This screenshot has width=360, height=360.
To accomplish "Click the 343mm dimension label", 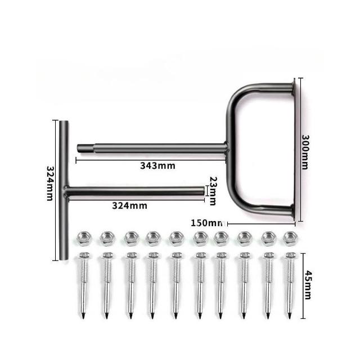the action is click(x=157, y=165).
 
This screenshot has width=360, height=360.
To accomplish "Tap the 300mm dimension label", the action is click(x=305, y=152).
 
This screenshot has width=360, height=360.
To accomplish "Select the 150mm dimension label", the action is click(x=207, y=223).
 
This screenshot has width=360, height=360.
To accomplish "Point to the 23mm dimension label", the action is click(x=213, y=191).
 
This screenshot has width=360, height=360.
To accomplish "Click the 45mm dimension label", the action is click(x=308, y=285).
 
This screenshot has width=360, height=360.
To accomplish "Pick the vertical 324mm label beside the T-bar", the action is click(x=50, y=183).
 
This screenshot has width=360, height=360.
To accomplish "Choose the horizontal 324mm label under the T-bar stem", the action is click(x=130, y=205).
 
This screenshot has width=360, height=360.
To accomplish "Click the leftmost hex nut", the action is click(x=84, y=238).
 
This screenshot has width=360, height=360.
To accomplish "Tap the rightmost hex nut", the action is click(x=290, y=238).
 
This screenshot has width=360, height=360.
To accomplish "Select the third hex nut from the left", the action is click(x=131, y=238).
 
